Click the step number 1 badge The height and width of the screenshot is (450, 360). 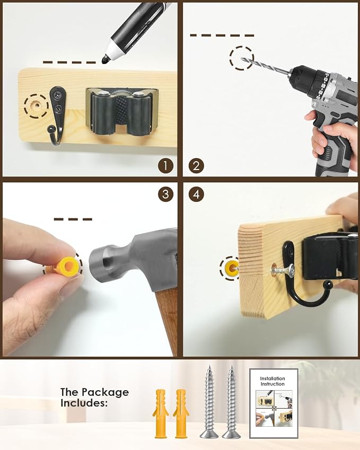[x=165, y=166]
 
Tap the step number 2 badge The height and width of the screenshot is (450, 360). [x=196, y=166]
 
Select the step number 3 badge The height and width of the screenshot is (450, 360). [x=165, y=195]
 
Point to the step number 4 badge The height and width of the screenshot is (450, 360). [x=196, y=195]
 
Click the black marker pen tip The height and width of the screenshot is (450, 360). [x=104, y=60]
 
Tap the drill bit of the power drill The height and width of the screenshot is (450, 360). [x=265, y=66]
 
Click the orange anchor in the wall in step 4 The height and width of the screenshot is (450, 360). [x=231, y=269]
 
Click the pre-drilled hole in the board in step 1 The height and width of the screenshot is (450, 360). [x=36, y=105]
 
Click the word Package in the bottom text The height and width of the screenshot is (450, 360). [x=105, y=393]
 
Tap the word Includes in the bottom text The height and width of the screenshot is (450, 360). [x=84, y=403]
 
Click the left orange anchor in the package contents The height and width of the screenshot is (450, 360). [x=161, y=413]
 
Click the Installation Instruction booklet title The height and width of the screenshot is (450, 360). [x=273, y=381]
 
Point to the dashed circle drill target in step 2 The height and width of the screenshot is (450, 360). [x=242, y=58]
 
